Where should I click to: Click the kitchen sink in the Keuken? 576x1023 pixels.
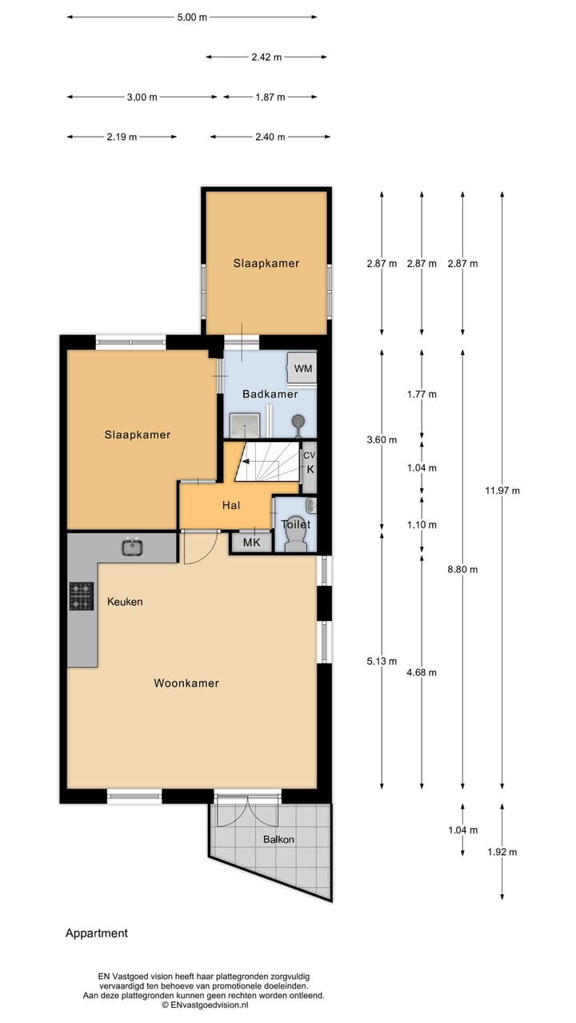tap(133, 547)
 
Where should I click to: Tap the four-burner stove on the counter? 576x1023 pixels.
tap(81, 596)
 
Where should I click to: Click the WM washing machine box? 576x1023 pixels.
tap(302, 368)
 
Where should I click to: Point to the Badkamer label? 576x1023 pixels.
tap(270, 394)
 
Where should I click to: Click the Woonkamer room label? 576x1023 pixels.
tap(186, 683)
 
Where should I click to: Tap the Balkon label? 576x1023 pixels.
tap(279, 839)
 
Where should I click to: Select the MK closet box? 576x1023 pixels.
tap(251, 543)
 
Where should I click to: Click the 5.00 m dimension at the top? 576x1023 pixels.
tap(192, 17)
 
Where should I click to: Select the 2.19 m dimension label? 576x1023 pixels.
tap(122, 137)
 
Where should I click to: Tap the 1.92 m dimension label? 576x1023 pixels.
tap(502, 852)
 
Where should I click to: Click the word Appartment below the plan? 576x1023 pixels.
tap(97, 933)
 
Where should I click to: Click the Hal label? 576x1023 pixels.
tap(231, 505)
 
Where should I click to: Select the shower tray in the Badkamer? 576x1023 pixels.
tap(245, 427)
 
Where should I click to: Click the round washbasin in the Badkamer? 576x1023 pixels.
tap(298, 420)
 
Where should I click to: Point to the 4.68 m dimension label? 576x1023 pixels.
tap(422, 672)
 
